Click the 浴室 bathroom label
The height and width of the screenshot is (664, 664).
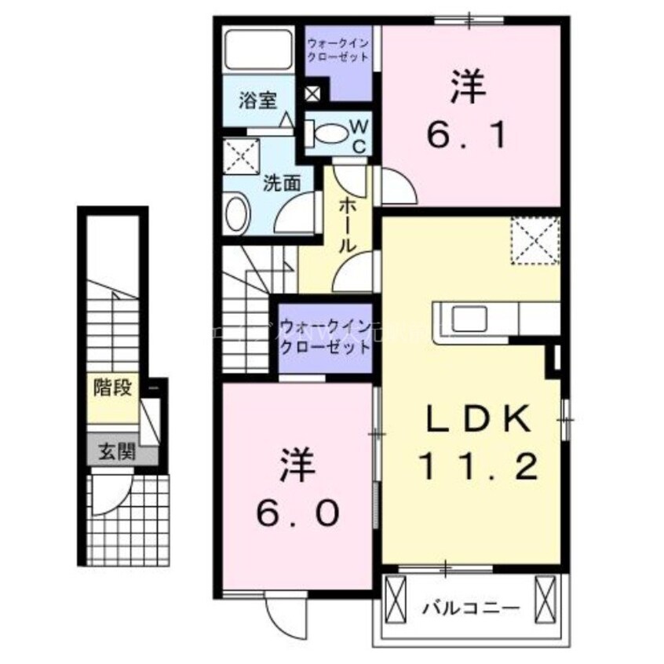click(x=257, y=100)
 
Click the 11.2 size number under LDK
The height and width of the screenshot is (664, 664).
click(x=478, y=469)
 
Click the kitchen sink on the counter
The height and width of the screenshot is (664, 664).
click(x=468, y=319)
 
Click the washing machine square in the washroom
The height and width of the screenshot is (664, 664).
click(x=243, y=155)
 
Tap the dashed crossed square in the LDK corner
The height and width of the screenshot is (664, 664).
click(x=534, y=239)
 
